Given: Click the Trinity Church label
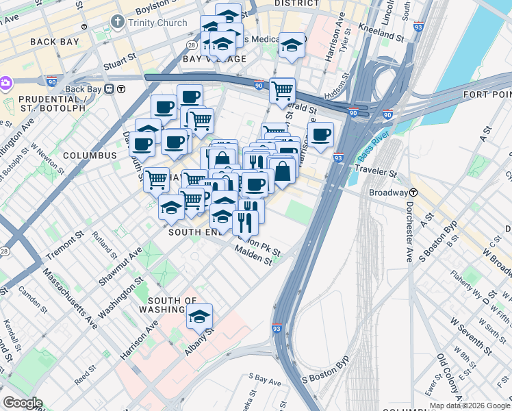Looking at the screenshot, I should click(x=157, y=23).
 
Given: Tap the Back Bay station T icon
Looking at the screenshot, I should click(x=120, y=88).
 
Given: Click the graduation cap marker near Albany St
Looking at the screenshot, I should click(x=200, y=317).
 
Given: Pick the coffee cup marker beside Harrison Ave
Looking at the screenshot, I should click(x=320, y=134).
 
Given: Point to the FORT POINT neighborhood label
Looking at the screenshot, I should click(x=487, y=94).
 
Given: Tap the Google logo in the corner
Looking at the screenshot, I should click(x=22, y=403).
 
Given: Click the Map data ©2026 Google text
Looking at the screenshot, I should click(x=470, y=406).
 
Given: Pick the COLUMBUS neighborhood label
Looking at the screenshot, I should click(x=90, y=155).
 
